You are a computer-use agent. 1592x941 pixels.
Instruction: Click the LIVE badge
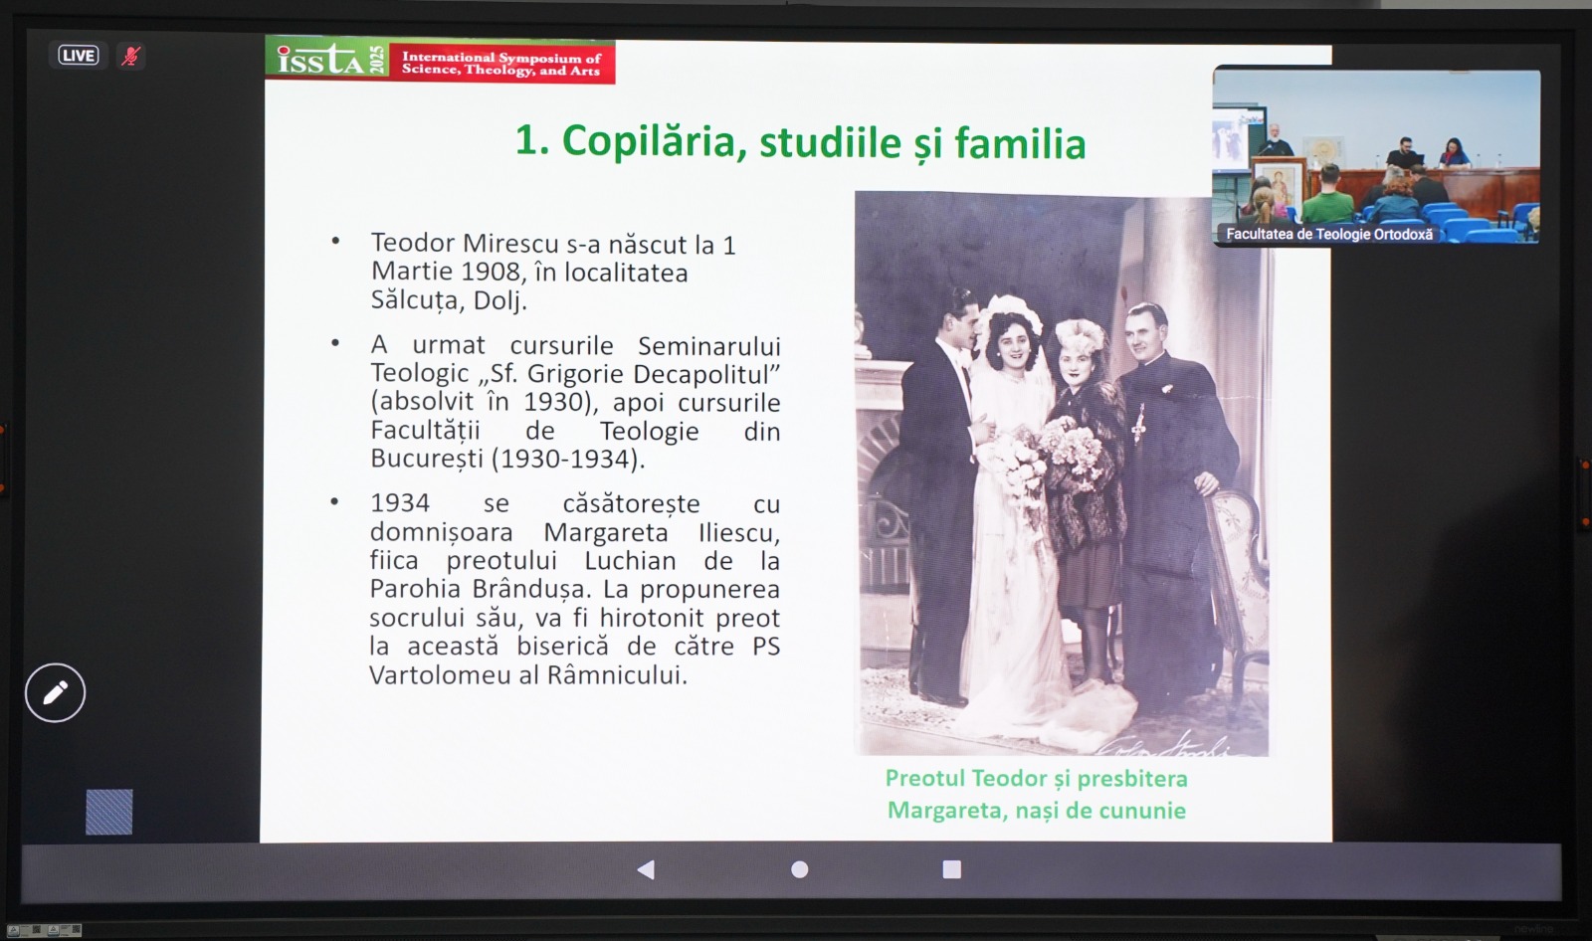tap(79, 56)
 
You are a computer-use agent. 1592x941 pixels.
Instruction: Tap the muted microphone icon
tap(130, 56)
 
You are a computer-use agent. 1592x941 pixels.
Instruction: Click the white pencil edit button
tap(56, 693)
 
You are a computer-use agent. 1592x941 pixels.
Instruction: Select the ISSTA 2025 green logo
tap(327, 60)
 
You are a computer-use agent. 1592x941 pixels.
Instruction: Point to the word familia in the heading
tap(1020, 143)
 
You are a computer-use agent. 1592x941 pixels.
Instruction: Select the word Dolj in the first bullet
tap(500, 300)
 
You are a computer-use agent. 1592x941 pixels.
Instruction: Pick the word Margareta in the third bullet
tap(606, 532)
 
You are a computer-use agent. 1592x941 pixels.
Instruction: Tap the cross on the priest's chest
tap(1139, 424)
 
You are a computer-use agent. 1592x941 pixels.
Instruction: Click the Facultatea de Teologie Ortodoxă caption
tap(1329, 234)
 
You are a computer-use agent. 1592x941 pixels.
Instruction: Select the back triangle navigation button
tap(646, 869)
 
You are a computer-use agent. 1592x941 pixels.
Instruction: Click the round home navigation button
tap(800, 869)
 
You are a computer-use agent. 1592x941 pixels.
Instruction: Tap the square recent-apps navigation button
tap(951, 869)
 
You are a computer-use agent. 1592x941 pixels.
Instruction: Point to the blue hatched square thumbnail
tap(108, 812)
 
